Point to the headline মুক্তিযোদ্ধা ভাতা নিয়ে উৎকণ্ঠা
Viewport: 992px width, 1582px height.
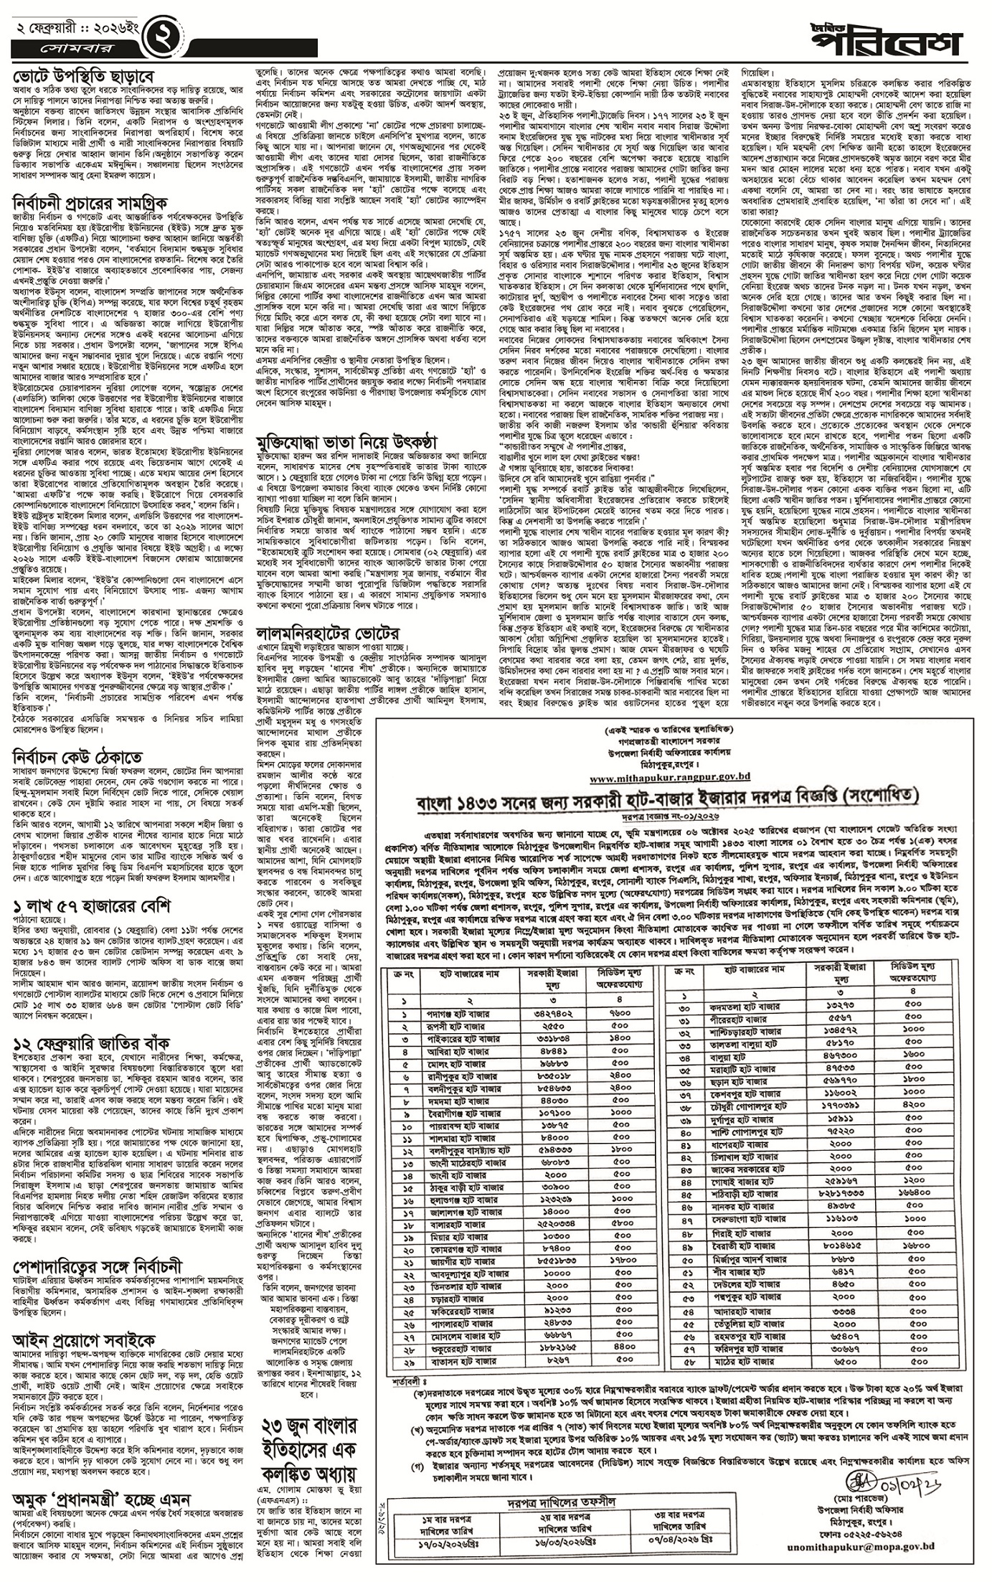pyautogui.click(x=347, y=441)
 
